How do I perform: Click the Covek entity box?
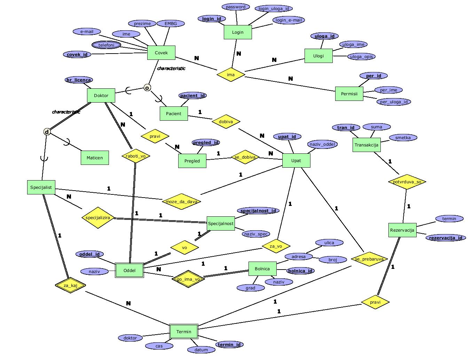[161, 53]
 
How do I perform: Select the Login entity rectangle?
[238, 32]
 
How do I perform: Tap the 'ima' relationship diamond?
[231, 74]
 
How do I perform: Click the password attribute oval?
[236, 7]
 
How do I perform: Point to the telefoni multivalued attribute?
[107, 45]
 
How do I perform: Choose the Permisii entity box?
[349, 94]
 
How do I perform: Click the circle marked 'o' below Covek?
[147, 88]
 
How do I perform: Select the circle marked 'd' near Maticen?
[47, 132]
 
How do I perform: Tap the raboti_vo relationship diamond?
[136, 156]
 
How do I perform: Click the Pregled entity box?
[192, 161]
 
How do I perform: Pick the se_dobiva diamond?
[245, 157]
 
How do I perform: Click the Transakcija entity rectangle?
[366, 145]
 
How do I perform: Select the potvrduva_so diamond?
[407, 182]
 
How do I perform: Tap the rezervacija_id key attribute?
[446, 238]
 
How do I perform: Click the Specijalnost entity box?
[221, 223]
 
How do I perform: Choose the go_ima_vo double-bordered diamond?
[188, 279]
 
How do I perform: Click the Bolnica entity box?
[262, 269]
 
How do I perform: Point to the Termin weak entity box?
[184, 331]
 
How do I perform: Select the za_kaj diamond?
[71, 286]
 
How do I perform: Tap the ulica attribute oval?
[329, 243]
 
